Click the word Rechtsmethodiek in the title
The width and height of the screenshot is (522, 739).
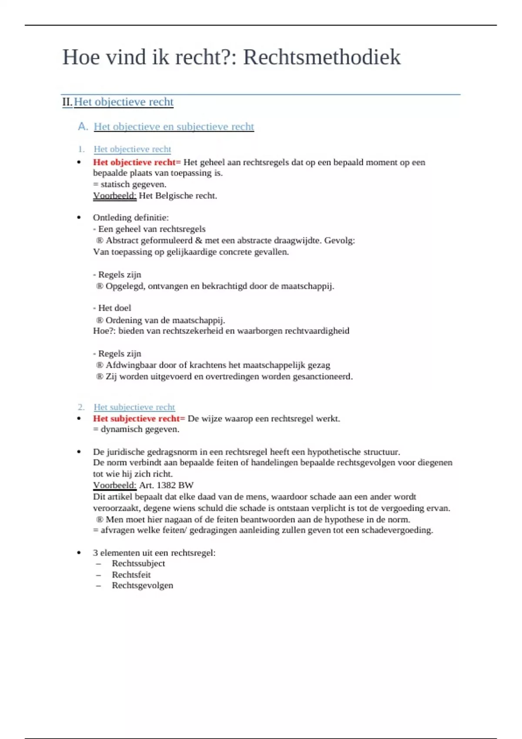321,57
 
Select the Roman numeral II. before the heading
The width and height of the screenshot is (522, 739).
67,102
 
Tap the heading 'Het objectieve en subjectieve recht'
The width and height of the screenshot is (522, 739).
174,126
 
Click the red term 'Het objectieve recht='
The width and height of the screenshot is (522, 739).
137,162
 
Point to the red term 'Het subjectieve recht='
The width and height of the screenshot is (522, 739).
139,419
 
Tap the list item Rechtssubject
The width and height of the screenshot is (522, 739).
138,563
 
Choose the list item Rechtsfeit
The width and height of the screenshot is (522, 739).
131,575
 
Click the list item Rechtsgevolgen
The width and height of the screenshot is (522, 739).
142,586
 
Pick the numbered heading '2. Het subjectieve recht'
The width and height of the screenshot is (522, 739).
134,407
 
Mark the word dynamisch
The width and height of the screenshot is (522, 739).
120,429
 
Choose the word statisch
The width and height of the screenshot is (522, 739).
115,184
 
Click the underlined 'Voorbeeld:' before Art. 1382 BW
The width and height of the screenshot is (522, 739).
114,485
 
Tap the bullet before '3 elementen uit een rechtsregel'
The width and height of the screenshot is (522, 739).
79,553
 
